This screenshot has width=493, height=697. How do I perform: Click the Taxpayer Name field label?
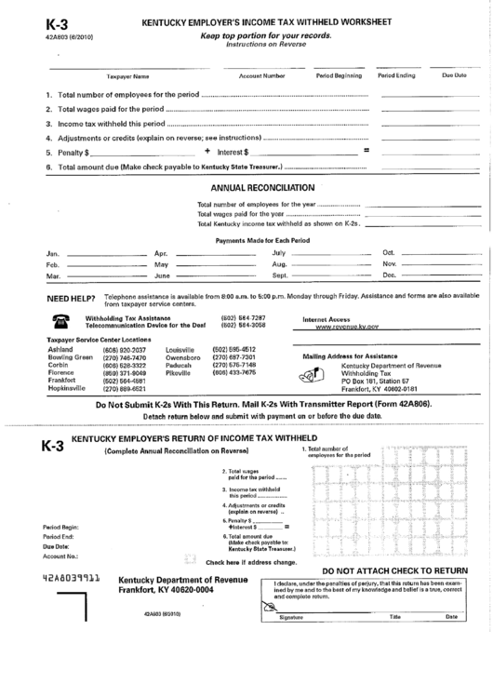point(127,75)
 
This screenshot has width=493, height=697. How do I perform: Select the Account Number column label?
point(261,74)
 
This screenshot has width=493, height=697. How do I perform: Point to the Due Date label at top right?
point(454,74)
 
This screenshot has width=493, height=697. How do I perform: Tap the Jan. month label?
point(53,252)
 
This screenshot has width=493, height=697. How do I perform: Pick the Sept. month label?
point(280,276)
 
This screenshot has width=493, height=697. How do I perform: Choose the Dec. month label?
point(390,275)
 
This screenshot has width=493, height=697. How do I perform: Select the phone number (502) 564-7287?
point(236,318)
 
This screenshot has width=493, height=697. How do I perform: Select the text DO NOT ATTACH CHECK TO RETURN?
point(394,570)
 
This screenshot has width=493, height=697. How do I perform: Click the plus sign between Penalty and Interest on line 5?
point(207,150)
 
